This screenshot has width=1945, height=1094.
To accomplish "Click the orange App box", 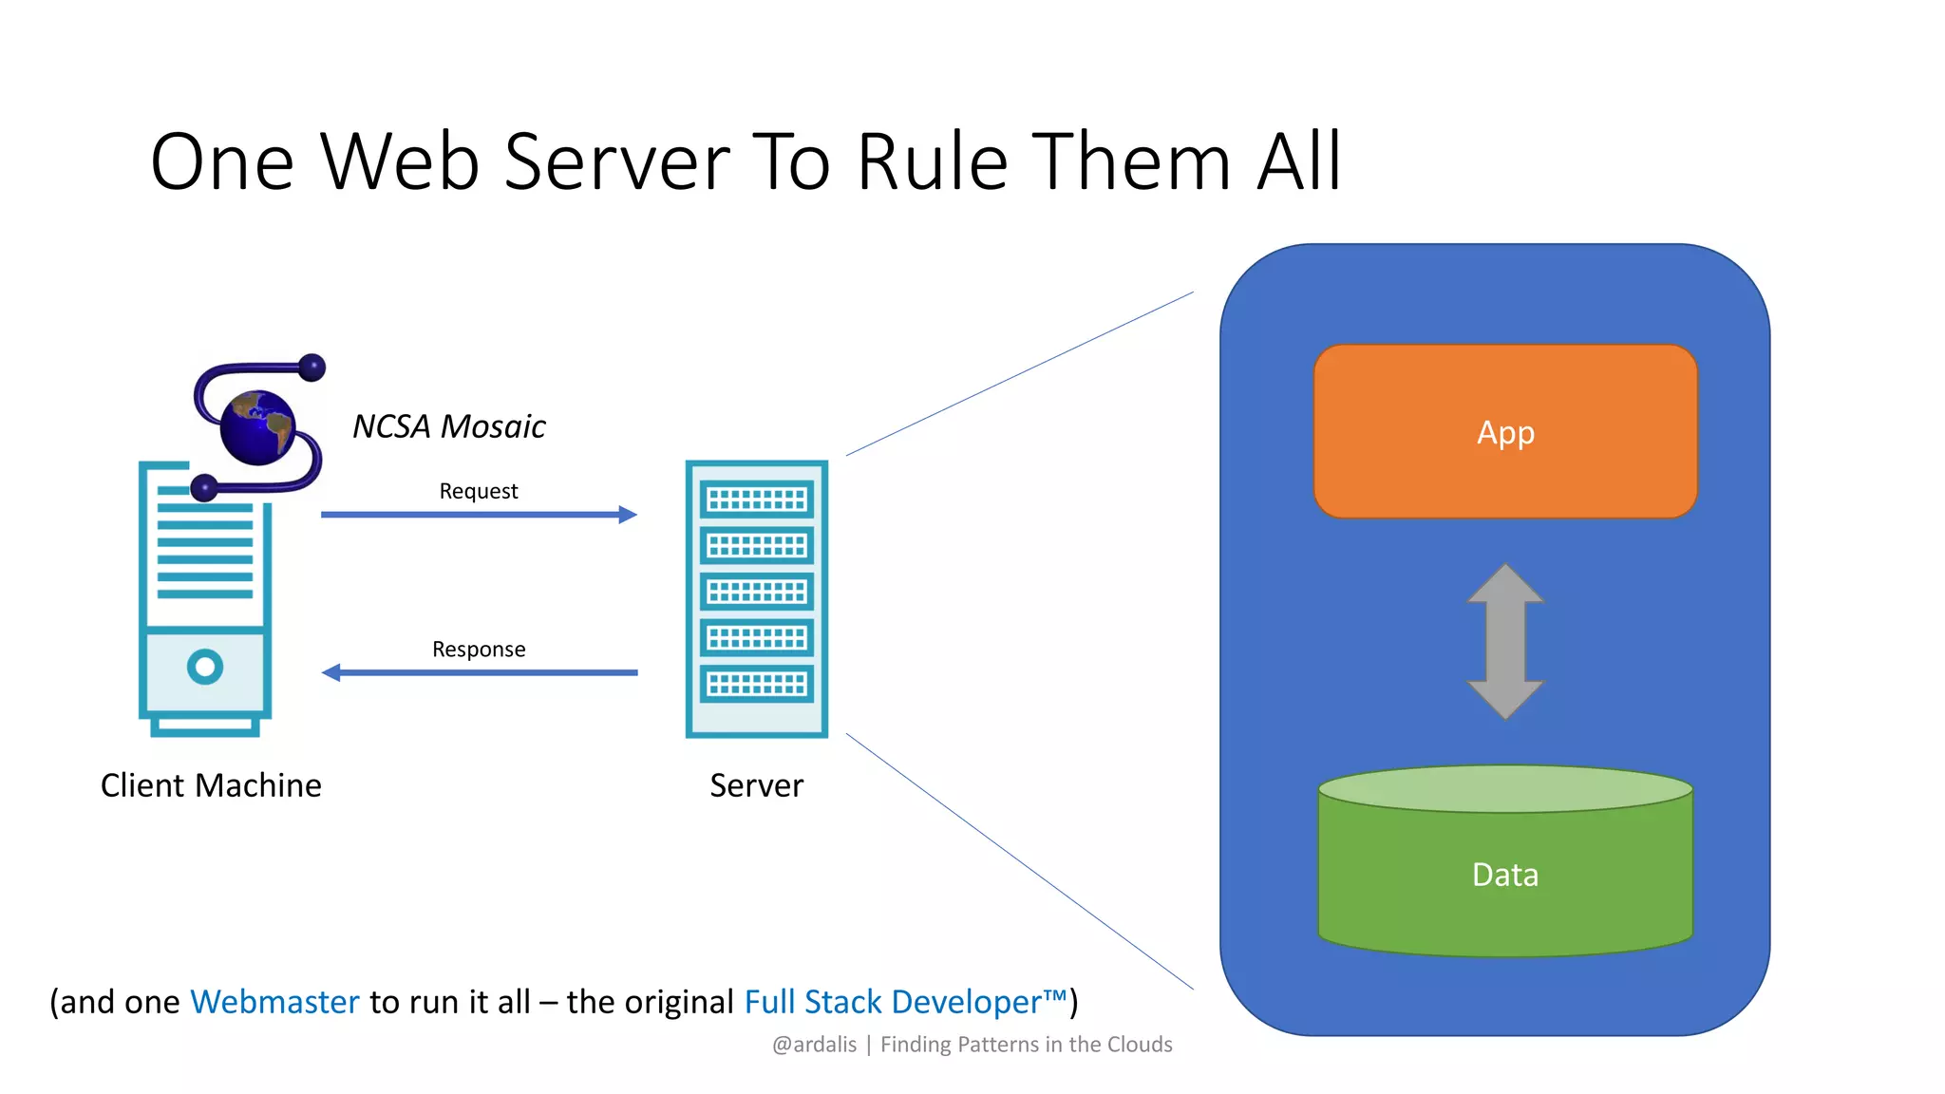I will [x=1505, y=432].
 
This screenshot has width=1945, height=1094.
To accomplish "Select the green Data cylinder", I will [x=1505, y=874].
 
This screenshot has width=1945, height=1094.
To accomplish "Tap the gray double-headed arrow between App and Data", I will [x=1505, y=641].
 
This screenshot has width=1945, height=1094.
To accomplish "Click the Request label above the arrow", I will [x=479, y=491].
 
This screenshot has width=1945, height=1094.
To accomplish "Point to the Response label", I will [x=479, y=650].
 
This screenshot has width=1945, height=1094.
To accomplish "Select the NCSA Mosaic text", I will [x=449, y=426].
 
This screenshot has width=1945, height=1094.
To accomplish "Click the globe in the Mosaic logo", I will [x=258, y=427].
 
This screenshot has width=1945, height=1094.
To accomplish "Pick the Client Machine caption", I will [x=211, y=785].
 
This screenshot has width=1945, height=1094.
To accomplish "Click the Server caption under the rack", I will [x=756, y=785].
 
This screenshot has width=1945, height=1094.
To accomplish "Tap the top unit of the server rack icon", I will [x=757, y=499].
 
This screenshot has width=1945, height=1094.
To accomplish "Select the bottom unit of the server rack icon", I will [x=757, y=684].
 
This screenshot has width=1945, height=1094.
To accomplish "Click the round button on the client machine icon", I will [x=205, y=667].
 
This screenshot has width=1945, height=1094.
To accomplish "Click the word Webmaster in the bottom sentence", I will [x=275, y=1002].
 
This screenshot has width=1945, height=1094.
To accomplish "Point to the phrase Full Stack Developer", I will [x=893, y=1002].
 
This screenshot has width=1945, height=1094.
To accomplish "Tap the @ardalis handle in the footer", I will [x=815, y=1045].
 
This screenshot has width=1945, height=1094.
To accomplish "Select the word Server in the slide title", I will [x=617, y=163].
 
